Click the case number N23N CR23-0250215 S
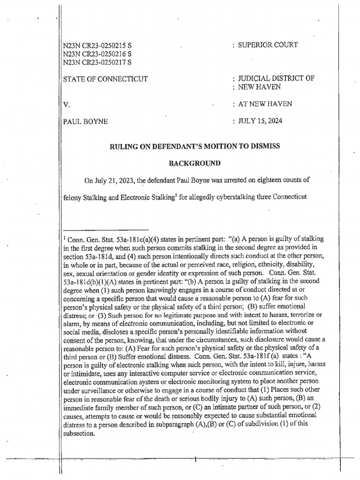pyautogui.click(x=97, y=46)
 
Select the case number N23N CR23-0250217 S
pyautogui.click(x=97, y=61)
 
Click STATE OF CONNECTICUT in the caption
pyautogui.click(x=105, y=79)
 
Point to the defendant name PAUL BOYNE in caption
pyautogui.click(x=85, y=121)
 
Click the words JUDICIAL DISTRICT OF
pyautogui.click(x=276, y=79)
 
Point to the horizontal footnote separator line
pyautogui.click(x=105, y=230)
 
